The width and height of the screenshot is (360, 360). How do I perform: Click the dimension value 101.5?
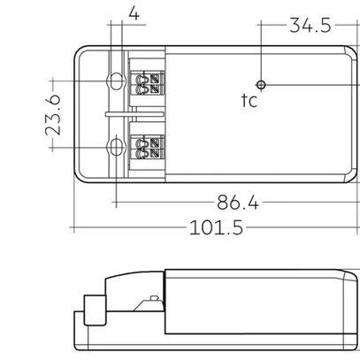click(217, 227)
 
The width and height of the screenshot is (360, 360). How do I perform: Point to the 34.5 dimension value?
click(310, 26)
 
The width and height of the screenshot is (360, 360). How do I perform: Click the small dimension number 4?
click(134, 13)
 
